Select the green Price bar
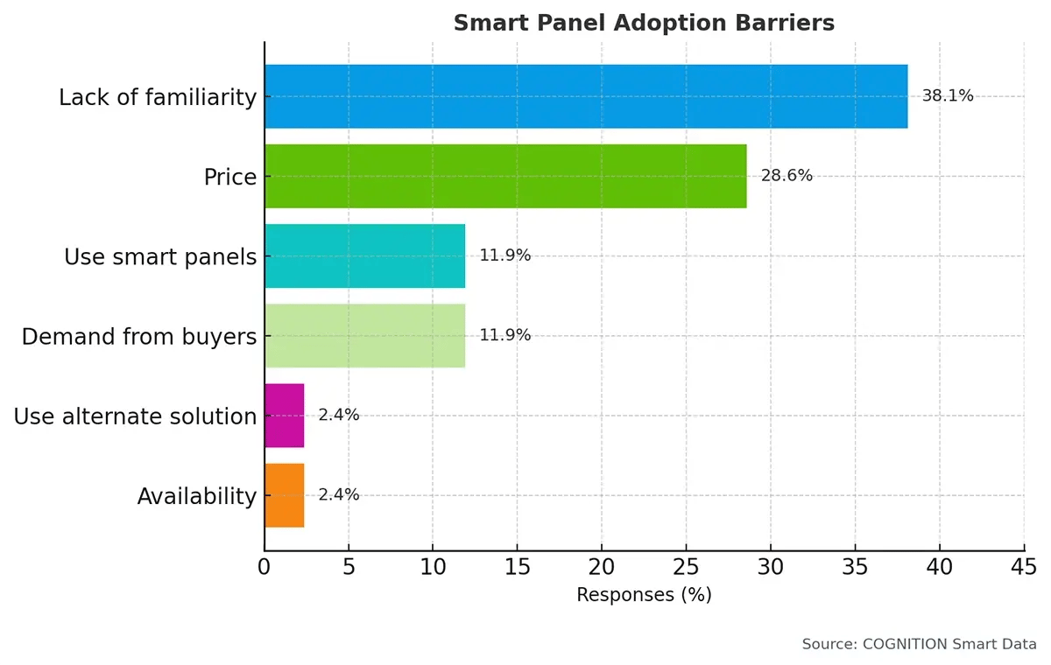pyautogui.click(x=505, y=176)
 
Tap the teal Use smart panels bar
pyautogui.click(x=364, y=256)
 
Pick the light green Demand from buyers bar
pyautogui.click(x=364, y=336)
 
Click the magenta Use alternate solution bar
pyautogui.click(x=284, y=416)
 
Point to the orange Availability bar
pyautogui.click(x=284, y=495)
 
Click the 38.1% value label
pyautogui.click(x=947, y=96)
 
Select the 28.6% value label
pyautogui.click(x=786, y=176)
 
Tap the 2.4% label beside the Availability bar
pyautogui.click(x=338, y=495)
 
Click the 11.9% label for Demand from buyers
pyautogui.click(x=504, y=336)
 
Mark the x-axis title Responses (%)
pyautogui.click(x=644, y=596)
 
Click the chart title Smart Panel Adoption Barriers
pyautogui.click(x=644, y=24)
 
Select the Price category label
pyautogui.click(x=230, y=178)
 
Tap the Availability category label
pyautogui.click(x=197, y=497)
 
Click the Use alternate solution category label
pyautogui.click(x=135, y=416)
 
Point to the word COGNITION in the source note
pyautogui.click(x=906, y=644)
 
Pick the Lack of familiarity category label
pyautogui.click(x=158, y=98)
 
